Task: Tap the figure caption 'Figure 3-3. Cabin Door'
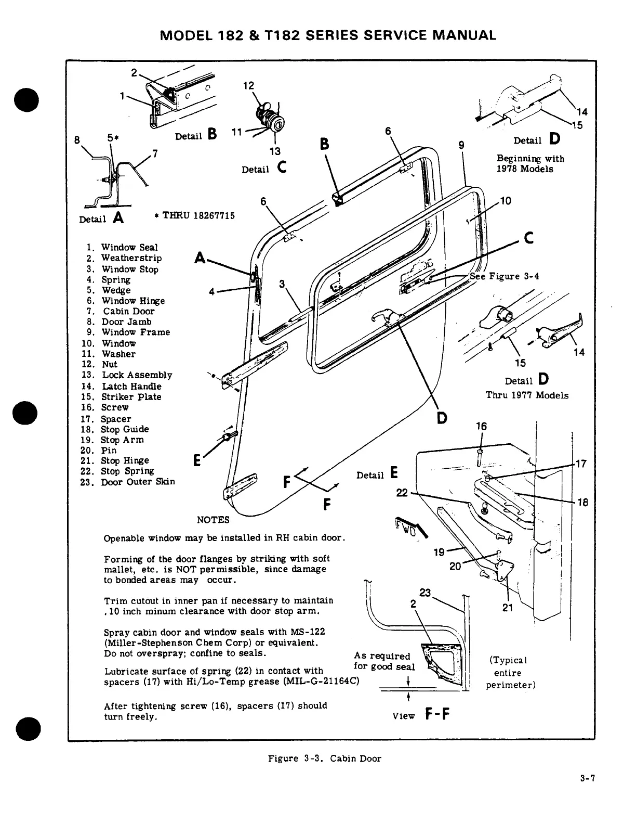point(324,759)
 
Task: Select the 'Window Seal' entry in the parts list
point(129,247)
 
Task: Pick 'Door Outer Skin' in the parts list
point(138,482)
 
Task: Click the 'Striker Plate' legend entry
point(131,396)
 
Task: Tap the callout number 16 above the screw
point(482,427)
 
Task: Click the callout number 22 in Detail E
point(402,493)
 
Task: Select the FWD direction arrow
point(410,525)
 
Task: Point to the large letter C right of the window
point(529,238)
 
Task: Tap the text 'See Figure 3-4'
point(504,276)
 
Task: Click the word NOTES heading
point(213,520)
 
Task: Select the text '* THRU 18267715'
point(195,215)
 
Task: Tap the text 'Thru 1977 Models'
point(527,395)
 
